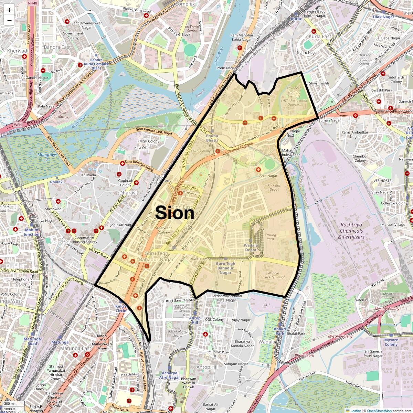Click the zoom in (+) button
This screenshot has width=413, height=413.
[9, 10]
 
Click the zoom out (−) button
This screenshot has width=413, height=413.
[9, 20]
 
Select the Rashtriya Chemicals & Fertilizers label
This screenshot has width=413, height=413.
[351, 231]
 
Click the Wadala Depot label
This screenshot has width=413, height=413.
[251, 248]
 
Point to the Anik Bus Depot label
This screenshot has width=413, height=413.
[274, 187]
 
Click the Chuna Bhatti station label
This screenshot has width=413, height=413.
[212, 138]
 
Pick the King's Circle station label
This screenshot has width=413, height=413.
[121, 308]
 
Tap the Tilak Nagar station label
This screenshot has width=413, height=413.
[383, 17]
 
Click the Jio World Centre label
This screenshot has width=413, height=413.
[192, 29]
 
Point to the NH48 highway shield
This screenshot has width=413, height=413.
[32, 3]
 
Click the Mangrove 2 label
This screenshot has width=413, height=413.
[47, 157]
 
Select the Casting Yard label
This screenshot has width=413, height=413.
[271, 237]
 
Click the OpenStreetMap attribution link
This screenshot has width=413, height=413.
[379, 411]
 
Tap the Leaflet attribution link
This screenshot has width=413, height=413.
[356, 411]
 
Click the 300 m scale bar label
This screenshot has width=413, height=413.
[9, 403]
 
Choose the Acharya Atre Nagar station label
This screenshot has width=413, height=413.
[169, 375]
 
